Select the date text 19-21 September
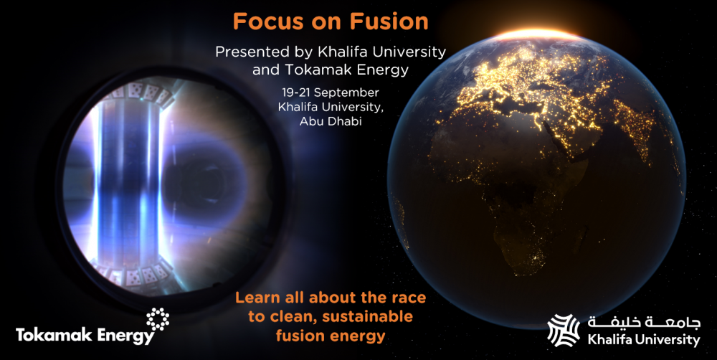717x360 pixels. pyautogui.click(x=330, y=93)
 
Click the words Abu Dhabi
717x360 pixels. pyautogui.click(x=330, y=122)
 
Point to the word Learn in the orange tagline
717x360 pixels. pyautogui.click(x=257, y=298)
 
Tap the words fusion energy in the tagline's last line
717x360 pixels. pyautogui.click(x=330, y=336)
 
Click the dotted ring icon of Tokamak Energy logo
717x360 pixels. pyautogui.click(x=158, y=319)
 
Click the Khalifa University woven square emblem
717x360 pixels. pyautogui.click(x=564, y=331)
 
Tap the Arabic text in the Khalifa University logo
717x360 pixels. pyautogui.click(x=645, y=323)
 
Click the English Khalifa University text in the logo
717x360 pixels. pyautogui.click(x=644, y=340)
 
